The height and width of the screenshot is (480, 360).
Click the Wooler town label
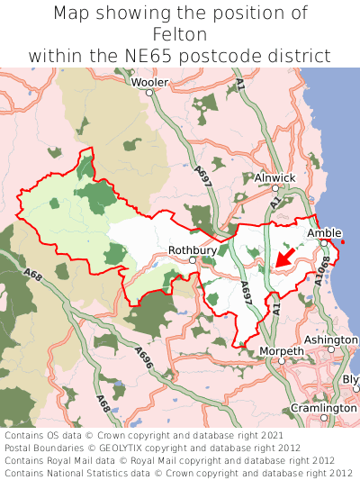point(149,82)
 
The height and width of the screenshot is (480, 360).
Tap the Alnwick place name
point(274,178)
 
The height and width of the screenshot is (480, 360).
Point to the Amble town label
point(324,233)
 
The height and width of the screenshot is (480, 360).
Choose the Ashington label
point(330,340)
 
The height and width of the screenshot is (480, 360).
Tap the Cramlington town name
point(323,408)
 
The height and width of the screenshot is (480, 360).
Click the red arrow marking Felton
point(284,258)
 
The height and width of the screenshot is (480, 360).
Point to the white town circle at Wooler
point(149,92)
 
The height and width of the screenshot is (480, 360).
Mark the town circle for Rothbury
point(193,260)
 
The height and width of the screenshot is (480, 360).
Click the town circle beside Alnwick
point(274,188)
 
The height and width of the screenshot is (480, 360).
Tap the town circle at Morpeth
point(282,360)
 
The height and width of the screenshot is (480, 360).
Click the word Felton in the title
point(180,34)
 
